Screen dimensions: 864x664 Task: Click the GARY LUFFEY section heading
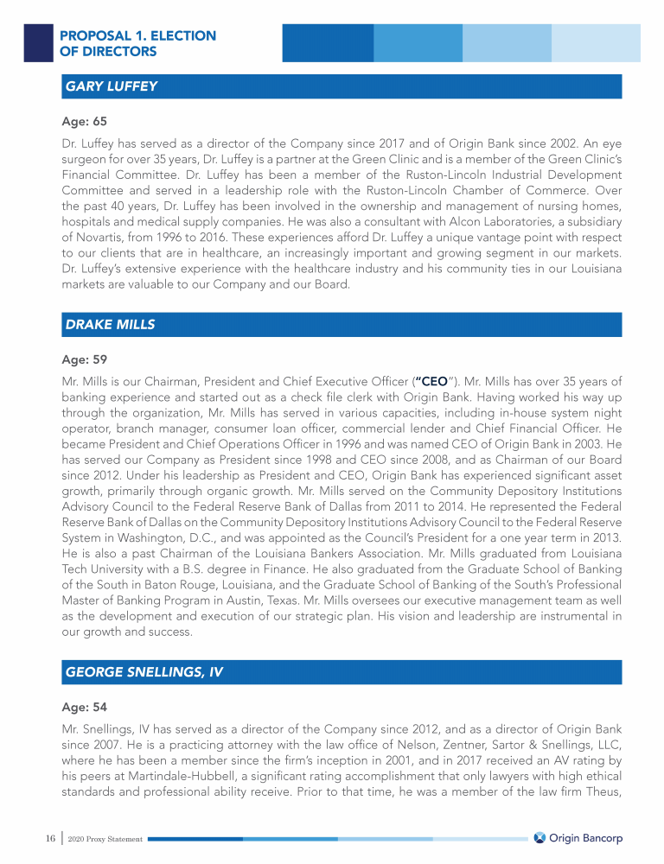111,86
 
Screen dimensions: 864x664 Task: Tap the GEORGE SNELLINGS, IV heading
144,673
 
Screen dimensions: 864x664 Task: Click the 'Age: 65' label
85,122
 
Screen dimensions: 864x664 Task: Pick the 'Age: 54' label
85,707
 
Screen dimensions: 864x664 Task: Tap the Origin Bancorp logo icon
539,837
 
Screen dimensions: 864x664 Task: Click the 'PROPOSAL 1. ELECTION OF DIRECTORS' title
137,43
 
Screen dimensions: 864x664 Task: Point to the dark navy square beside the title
38,41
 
